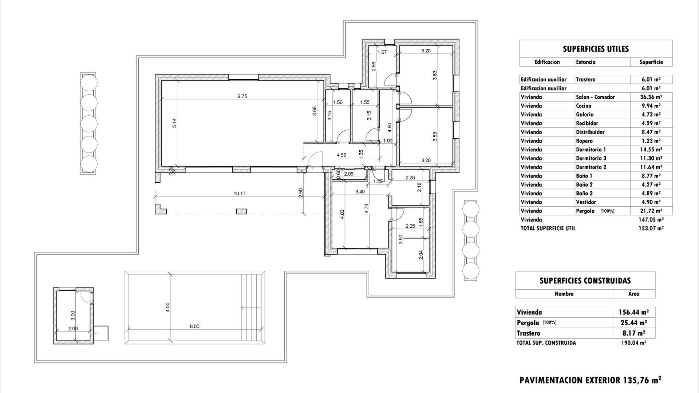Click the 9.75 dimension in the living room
pyautogui.click(x=242, y=96)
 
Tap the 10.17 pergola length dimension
pyautogui.click(x=240, y=194)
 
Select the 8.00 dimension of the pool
pyautogui.click(x=194, y=326)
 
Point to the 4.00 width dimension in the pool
pyautogui.click(x=167, y=307)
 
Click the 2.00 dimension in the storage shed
pyautogui.click(x=73, y=328)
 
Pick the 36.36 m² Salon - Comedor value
pyautogui.click(x=651, y=97)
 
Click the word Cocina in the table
pyautogui.click(x=584, y=106)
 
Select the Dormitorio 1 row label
pyautogui.click(x=591, y=150)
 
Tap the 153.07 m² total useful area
pyautogui.click(x=651, y=229)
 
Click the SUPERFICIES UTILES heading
pyautogui.click(x=596, y=49)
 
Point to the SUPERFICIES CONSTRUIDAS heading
pyautogui.click(x=585, y=281)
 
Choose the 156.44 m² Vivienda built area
pyautogui.click(x=633, y=312)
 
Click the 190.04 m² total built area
pyautogui.click(x=633, y=343)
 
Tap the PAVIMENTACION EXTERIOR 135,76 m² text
pyautogui.click(x=590, y=380)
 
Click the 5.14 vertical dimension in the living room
pyautogui.click(x=174, y=123)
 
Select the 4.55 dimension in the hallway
pyautogui.click(x=341, y=155)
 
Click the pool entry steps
pyautogui.click(x=253, y=307)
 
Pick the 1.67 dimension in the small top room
pyautogui.click(x=382, y=52)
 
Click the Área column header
pyautogui.click(x=633, y=294)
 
